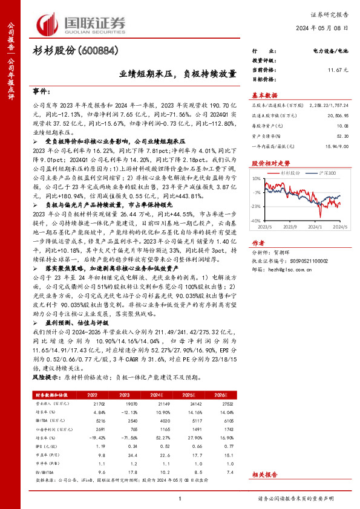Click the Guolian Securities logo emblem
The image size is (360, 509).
(x=48, y=23)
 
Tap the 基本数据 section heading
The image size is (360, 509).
(x=264, y=95)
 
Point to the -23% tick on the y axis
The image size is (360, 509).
(x=256, y=206)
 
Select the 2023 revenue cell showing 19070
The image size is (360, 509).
(x=123, y=402)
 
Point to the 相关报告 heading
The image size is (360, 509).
(x=264, y=475)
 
